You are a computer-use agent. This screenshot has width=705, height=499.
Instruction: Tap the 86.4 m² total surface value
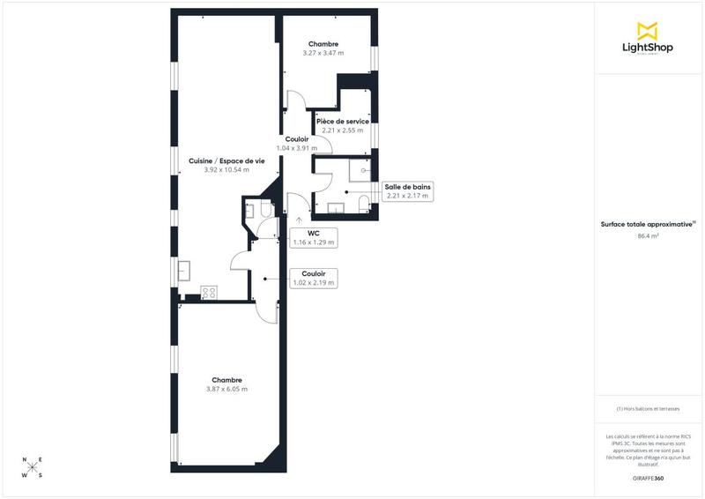[648, 235]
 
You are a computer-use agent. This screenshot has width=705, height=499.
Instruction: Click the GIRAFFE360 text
[648, 477]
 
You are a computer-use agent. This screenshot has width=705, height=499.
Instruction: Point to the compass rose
[32, 467]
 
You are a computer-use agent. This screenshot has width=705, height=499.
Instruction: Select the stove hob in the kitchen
[209, 293]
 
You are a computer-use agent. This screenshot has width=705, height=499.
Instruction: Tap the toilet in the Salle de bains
[364, 205]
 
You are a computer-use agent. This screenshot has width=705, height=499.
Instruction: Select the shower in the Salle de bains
[361, 169]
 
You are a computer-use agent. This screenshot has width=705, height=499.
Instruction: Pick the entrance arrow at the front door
[299, 221]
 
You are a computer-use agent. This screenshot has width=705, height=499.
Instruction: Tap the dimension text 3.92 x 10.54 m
[226, 169]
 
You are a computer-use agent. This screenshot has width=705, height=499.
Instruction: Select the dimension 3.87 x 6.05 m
[226, 389]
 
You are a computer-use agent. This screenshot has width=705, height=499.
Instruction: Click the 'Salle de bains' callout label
[407, 187]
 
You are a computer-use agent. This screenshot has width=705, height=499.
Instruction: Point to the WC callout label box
[314, 236]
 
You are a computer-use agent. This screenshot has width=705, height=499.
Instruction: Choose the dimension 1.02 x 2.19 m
[314, 283]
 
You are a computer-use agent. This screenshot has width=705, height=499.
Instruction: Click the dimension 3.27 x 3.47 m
[323, 53]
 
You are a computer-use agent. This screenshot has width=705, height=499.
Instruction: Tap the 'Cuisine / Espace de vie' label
[226, 160]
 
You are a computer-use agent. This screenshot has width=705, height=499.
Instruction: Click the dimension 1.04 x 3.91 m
[297, 148]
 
